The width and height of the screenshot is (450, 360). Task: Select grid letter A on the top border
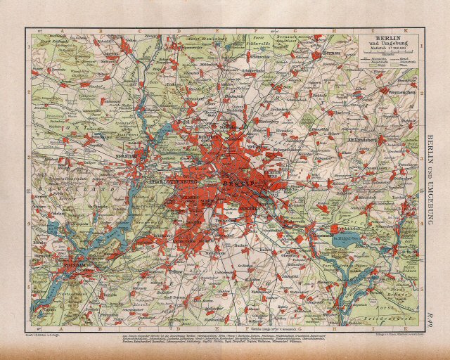61,31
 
